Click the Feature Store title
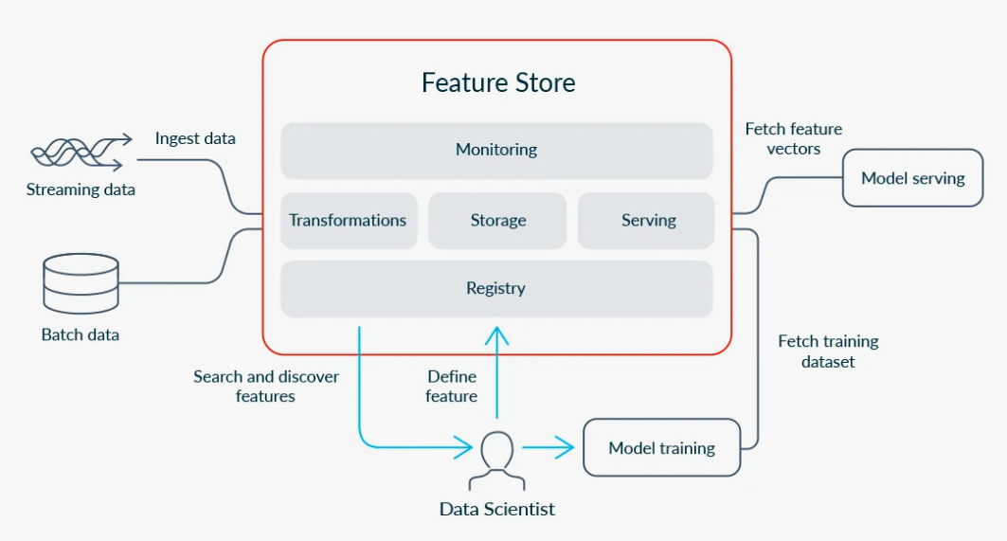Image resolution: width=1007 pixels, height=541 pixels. (x=498, y=82)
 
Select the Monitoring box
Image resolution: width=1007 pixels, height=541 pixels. (x=496, y=151)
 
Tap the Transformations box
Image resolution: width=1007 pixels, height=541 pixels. (x=349, y=221)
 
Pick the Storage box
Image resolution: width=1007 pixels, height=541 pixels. (x=497, y=221)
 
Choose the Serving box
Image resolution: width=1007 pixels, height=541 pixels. (x=646, y=221)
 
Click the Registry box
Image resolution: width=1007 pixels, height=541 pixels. (x=496, y=288)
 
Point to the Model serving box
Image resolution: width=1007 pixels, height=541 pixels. (x=912, y=178)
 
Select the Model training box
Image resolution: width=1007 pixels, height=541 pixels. (x=662, y=448)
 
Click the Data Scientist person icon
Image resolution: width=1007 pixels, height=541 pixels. (x=497, y=460)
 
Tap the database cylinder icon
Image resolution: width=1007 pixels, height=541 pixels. (x=81, y=283)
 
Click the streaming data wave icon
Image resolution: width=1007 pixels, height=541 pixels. (x=81, y=153)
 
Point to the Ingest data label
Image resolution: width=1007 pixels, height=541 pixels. (x=195, y=138)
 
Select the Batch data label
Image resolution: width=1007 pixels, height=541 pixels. (x=81, y=334)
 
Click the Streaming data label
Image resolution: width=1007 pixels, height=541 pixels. (x=81, y=189)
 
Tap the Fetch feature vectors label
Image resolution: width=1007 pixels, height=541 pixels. (x=794, y=138)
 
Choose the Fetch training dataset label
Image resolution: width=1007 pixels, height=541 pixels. (x=829, y=352)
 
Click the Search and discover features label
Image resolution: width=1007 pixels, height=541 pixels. (x=266, y=387)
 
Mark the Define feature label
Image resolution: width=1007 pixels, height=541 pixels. (x=452, y=387)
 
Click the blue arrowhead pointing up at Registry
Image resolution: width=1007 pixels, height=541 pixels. (x=497, y=335)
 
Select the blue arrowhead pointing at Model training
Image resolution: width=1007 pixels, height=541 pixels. (x=565, y=447)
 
